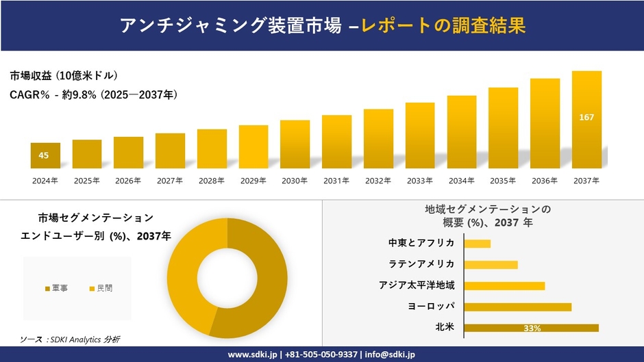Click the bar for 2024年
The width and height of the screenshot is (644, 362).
tap(45, 155)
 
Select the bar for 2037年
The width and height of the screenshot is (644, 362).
tap(586, 120)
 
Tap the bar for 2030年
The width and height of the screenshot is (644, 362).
tap(295, 144)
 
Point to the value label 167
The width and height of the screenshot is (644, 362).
tap(586, 118)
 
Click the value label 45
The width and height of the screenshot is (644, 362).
tap(44, 155)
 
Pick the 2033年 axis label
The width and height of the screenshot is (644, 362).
tap(419, 181)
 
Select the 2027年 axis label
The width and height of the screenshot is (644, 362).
tap(170, 181)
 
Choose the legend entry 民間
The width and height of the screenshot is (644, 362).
tap(101, 289)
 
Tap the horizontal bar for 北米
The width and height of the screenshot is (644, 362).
tap(531, 328)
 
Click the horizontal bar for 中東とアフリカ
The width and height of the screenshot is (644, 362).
tap(478, 244)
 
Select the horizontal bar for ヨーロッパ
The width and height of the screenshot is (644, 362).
tap(517, 307)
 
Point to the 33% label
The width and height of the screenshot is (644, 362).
tap(532, 328)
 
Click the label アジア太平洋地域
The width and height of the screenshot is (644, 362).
tap(417, 285)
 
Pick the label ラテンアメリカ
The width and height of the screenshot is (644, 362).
tap(421, 264)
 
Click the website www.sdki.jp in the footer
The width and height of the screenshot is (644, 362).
tap(251, 354)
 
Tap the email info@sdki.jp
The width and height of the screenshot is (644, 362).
tap(391, 354)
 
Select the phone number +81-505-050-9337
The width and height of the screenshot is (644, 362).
tap(321, 354)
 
